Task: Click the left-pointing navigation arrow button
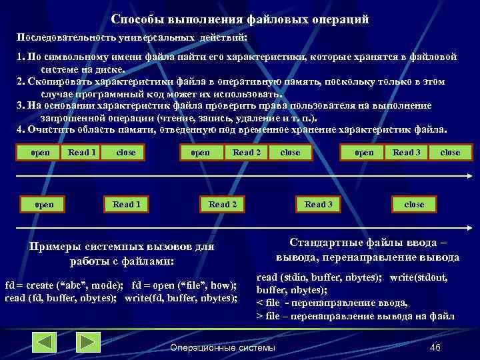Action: tap(45, 343)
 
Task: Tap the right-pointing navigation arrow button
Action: tap(87, 343)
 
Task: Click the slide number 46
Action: tap(435, 347)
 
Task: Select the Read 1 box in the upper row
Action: tap(82, 153)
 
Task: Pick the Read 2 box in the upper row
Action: tap(247, 153)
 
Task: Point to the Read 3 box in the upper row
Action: tap(407, 153)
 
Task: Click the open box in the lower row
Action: tap(44, 204)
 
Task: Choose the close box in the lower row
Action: tap(414, 204)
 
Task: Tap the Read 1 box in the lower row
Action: tap(127, 204)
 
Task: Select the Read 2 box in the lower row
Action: tap(223, 204)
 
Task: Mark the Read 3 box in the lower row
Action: tap(319, 204)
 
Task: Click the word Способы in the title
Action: tap(134, 19)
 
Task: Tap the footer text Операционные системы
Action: tap(222, 347)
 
